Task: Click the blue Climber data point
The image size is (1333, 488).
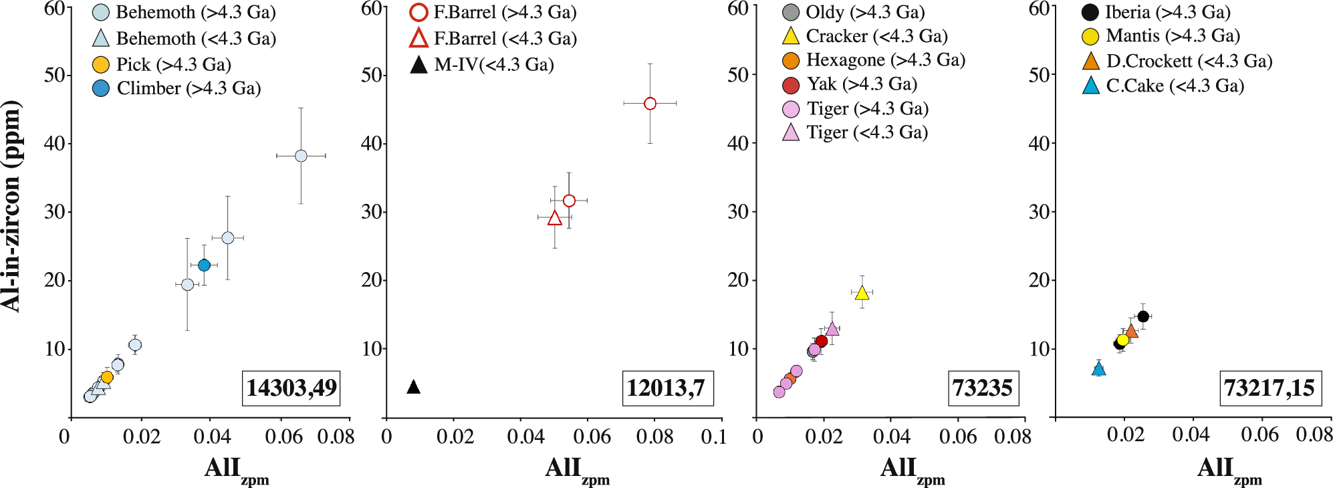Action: click(x=205, y=265)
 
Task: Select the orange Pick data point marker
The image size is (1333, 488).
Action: click(x=107, y=377)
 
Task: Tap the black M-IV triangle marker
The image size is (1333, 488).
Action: click(x=414, y=387)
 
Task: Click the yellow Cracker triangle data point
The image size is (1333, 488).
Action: click(x=862, y=293)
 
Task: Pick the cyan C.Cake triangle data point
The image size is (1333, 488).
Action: click(x=1099, y=369)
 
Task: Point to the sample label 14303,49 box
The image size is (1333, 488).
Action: click(x=291, y=388)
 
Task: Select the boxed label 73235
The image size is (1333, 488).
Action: click(x=983, y=388)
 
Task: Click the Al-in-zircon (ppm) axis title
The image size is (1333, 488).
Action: click(x=12, y=206)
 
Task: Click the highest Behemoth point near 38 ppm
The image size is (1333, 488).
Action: click(x=301, y=156)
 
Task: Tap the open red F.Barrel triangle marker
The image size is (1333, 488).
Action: click(x=555, y=219)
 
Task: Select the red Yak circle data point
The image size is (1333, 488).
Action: click(x=822, y=342)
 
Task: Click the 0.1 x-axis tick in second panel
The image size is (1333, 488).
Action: click(x=713, y=437)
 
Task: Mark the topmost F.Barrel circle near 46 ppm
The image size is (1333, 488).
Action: click(x=650, y=104)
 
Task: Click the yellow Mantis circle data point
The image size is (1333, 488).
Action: click(x=1123, y=340)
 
